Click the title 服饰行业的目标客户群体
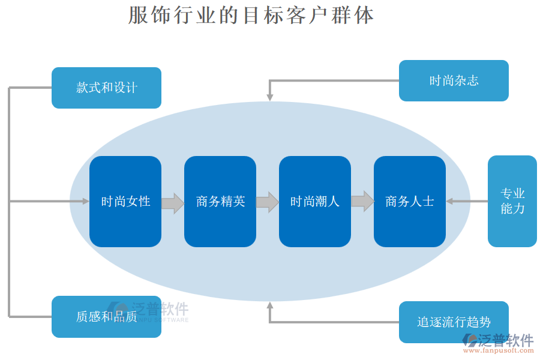coord(251,15)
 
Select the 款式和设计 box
coord(106,88)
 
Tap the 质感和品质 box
coord(106,316)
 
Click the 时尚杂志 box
coord(454,80)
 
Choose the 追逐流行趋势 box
coord(454,322)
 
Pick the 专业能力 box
coord(512,201)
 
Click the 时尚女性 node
coord(125,202)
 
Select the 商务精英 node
coord(220,202)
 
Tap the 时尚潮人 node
coord(315,202)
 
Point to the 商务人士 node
coord(410,202)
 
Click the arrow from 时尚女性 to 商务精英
coord(173,202)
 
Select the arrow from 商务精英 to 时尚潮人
coord(268,202)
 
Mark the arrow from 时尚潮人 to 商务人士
coord(362,202)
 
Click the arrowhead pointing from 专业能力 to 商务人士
coord(450,202)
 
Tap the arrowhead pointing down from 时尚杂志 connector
coord(270,97)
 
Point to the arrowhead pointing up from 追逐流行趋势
coord(270,305)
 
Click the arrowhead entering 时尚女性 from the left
coord(85,202)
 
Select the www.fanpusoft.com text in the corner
coord(501,351)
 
